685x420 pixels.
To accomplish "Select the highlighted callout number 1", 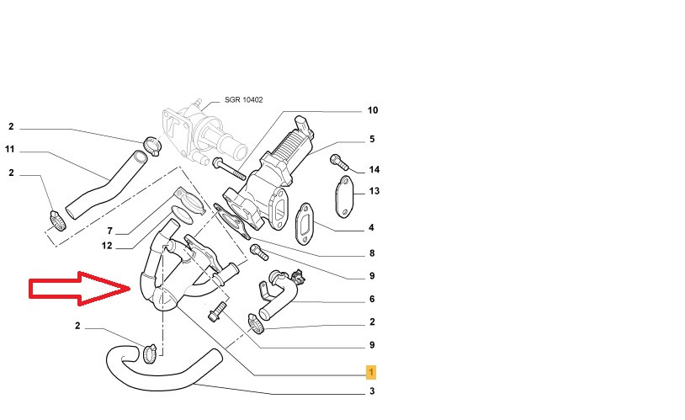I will point(371,371).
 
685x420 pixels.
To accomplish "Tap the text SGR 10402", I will point(243,100).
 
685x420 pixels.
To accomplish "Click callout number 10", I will point(373,110).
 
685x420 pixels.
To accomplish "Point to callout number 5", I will point(372,139).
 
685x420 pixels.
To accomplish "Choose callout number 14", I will point(374,169).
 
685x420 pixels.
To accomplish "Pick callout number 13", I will point(374,191).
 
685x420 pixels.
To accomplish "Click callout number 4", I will point(371,227).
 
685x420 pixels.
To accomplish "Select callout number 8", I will point(371,253).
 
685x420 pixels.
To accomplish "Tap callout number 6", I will point(371,299).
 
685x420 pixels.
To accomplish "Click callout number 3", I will point(371,391).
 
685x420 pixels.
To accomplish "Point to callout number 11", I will point(10,150).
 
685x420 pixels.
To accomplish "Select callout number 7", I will point(109,230).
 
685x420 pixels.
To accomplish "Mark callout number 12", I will point(107,246).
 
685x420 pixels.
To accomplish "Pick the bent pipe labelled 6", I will point(282,295).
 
